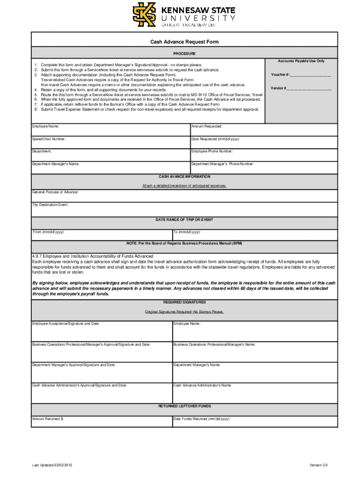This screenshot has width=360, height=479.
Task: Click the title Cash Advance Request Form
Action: (x=184, y=42)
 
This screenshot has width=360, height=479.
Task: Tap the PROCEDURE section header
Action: (x=184, y=54)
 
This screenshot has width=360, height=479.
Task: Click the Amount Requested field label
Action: (x=207, y=126)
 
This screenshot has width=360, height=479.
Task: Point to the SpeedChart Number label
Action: (x=49, y=139)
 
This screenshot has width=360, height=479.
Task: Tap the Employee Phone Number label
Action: (x=212, y=152)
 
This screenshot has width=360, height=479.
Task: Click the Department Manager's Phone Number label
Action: (x=223, y=164)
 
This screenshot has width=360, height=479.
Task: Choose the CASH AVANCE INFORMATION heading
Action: (x=184, y=177)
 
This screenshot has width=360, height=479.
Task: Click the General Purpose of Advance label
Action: (x=55, y=192)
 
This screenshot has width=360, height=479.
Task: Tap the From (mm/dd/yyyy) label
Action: (x=49, y=232)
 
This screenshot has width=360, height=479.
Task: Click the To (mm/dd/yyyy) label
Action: (x=187, y=232)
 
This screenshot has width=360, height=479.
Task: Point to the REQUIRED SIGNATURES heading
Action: (x=184, y=302)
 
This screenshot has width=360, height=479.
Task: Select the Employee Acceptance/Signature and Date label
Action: (x=65, y=324)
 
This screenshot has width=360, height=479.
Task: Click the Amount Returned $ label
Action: (x=48, y=419)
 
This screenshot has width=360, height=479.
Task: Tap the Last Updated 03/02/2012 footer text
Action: (x=53, y=465)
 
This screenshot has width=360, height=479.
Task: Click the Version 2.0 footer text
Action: (x=318, y=465)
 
